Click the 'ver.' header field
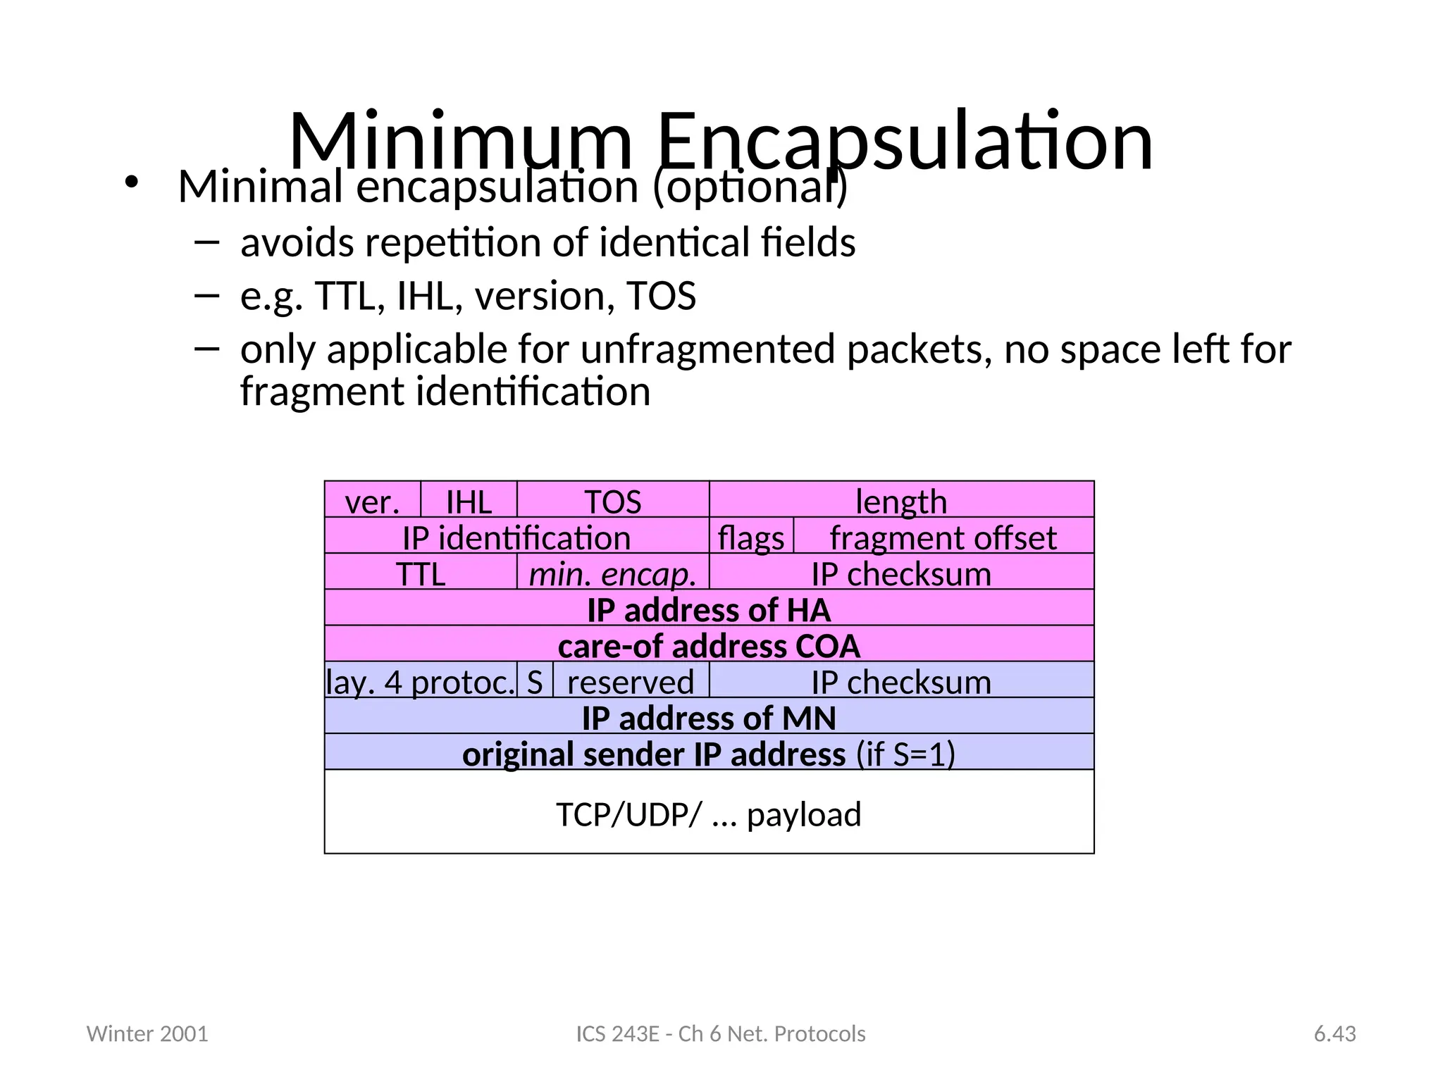pos(372,501)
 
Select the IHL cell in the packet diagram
pos(469,501)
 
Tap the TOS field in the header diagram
pos(613,501)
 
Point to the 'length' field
pos(901,501)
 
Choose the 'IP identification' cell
pos(516,537)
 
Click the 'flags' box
pos(751,537)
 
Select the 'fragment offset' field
pos(943,537)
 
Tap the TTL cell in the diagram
pos(421,573)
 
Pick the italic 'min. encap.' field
pos(613,573)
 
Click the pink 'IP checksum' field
pos(901,573)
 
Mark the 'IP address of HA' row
pos(709,609)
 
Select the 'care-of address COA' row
pos(709,645)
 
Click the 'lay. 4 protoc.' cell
pos(421,680)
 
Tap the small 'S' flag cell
pos(535,680)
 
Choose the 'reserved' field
pos(631,680)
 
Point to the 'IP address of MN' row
pos(709,717)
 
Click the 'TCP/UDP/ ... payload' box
pos(709,813)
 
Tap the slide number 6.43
pos(1334,1033)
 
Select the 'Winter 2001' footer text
pos(147,1033)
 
